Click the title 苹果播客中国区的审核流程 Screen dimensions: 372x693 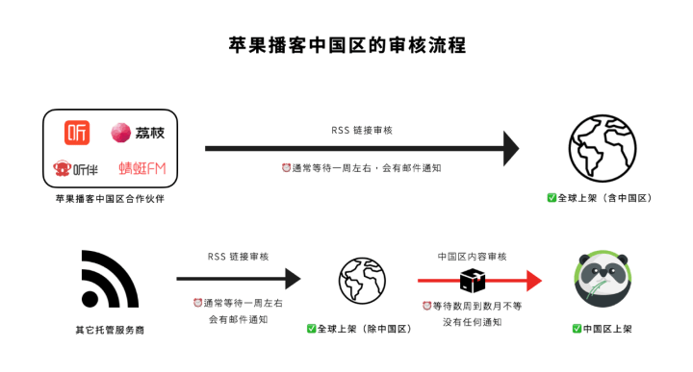coord(346,44)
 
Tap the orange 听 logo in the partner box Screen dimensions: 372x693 coord(78,132)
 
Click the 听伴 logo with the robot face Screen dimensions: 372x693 coord(78,168)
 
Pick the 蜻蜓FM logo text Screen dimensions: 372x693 coord(141,168)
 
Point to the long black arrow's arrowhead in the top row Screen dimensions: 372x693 coord(509,148)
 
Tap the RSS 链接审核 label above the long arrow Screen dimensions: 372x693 coord(361,130)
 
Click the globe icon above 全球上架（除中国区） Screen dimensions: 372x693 coord(362,280)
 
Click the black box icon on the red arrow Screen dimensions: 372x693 coord(473,280)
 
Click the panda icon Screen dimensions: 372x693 coord(601,279)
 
